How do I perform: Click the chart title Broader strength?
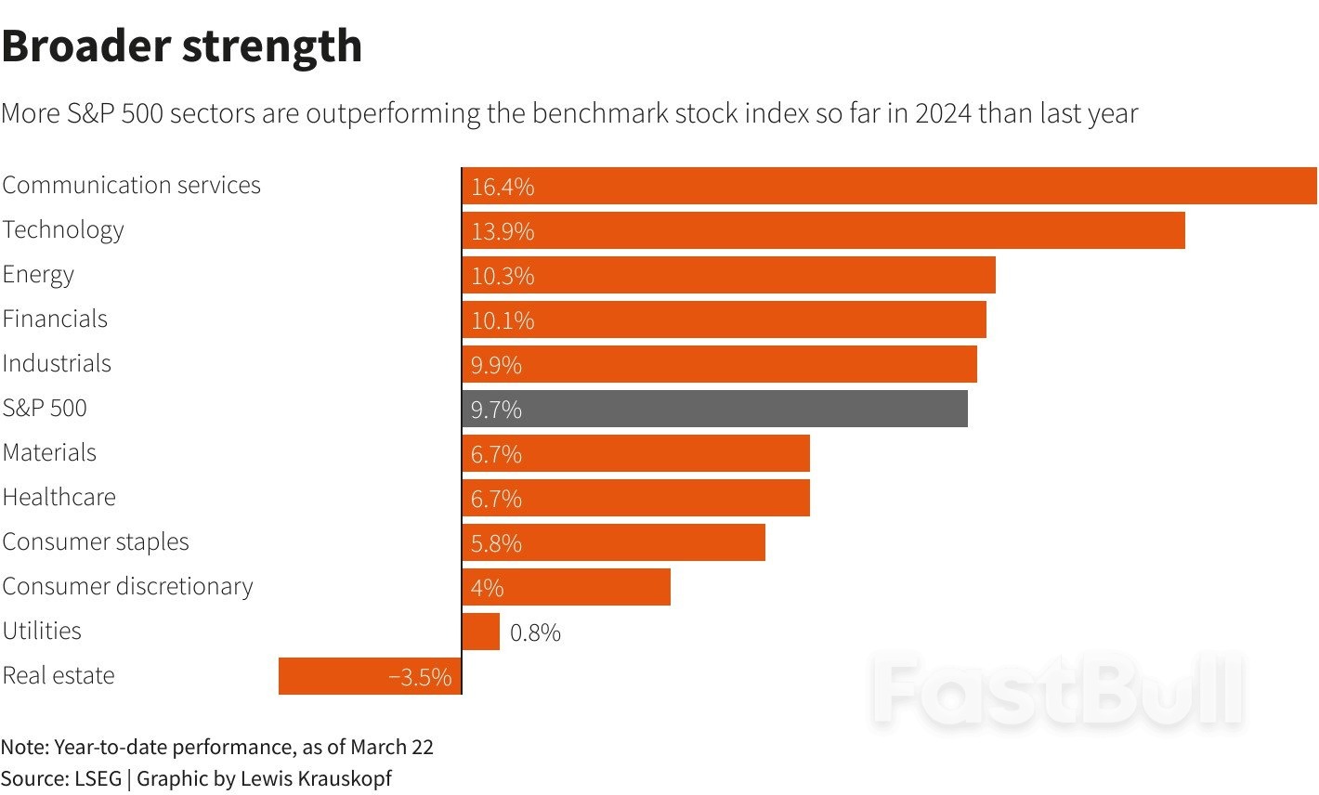coord(182,46)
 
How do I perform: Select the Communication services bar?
coord(889,186)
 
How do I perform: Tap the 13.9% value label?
coord(503,231)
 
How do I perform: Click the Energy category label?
coord(38,275)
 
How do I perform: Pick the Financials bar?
coord(724,319)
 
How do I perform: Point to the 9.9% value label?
coord(496,365)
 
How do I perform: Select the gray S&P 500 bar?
coord(714,409)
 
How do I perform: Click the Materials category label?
coord(49,453)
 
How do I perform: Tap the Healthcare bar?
coord(635,498)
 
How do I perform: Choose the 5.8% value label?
coord(496,543)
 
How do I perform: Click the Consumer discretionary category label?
coord(127,587)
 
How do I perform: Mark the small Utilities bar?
coord(481,632)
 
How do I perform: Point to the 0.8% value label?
coord(535,633)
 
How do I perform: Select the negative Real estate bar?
coord(370,676)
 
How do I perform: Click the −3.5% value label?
coord(420,677)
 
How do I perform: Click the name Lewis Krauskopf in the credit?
coord(316,778)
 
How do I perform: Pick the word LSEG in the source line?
coord(98,778)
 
